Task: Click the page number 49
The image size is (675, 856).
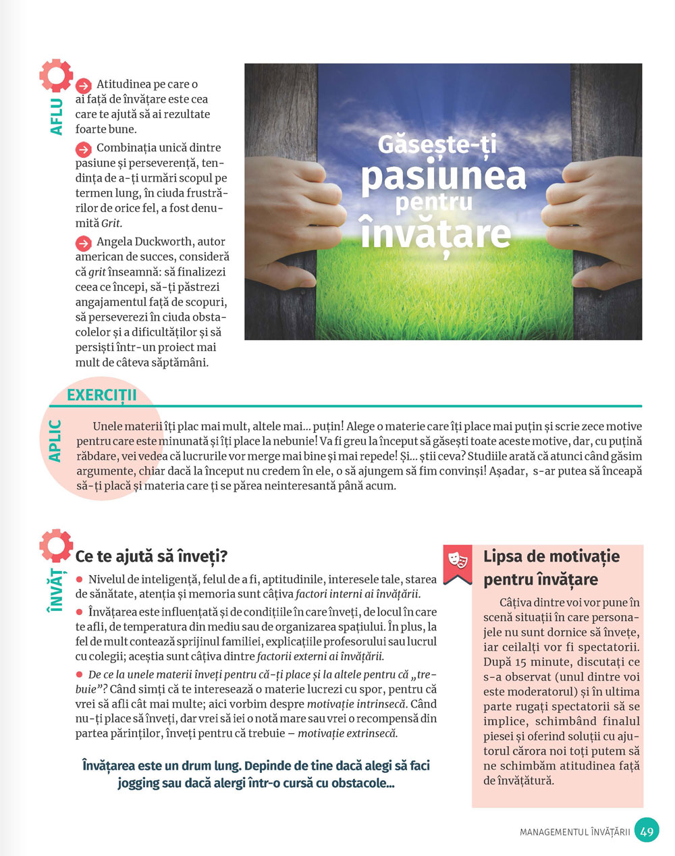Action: (x=647, y=831)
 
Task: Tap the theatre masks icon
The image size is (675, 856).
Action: (x=458, y=560)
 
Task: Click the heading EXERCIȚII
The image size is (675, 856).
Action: (x=102, y=395)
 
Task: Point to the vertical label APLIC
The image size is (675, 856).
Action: (x=55, y=441)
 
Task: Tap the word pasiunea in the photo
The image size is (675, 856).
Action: (x=443, y=175)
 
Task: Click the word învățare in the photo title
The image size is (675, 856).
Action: (x=435, y=232)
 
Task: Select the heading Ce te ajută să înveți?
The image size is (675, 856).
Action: (x=151, y=556)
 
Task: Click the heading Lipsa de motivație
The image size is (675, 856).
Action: (x=551, y=557)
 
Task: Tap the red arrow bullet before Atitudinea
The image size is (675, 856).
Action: (x=83, y=86)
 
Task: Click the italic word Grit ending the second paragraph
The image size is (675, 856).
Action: (x=112, y=223)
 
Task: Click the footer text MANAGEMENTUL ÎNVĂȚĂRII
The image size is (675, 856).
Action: (x=574, y=832)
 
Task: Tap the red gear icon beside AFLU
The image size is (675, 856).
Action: (x=55, y=76)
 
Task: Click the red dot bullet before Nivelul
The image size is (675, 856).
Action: (x=79, y=580)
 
